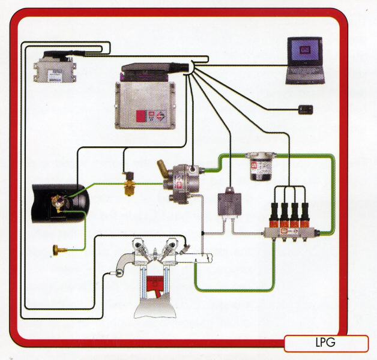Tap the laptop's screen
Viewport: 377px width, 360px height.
[304, 51]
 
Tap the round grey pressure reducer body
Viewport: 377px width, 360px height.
[186, 182]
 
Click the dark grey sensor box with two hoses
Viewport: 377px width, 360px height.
[229, 203]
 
